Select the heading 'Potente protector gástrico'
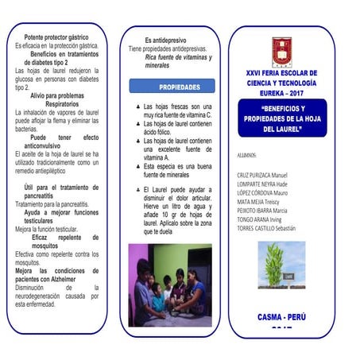(56, 37)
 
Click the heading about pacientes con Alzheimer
(56, 275)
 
